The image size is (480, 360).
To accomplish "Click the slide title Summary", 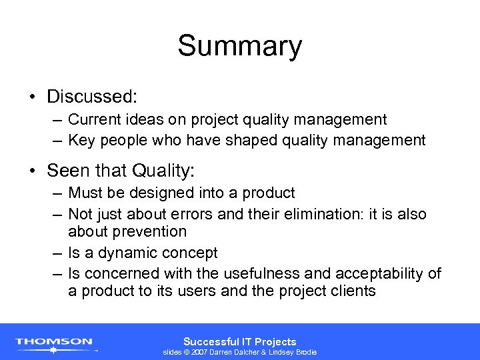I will click(239, 47).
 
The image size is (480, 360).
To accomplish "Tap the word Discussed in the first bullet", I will click(91, 97).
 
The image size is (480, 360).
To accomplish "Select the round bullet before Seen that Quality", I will click(33, 171).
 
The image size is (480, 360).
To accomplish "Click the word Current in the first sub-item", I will click(93, 120).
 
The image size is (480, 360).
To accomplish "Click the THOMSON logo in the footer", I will click(55, 342).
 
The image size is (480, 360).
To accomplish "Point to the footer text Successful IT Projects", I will click(239, 341).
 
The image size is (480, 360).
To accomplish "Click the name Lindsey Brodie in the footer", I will click(291, 352).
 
